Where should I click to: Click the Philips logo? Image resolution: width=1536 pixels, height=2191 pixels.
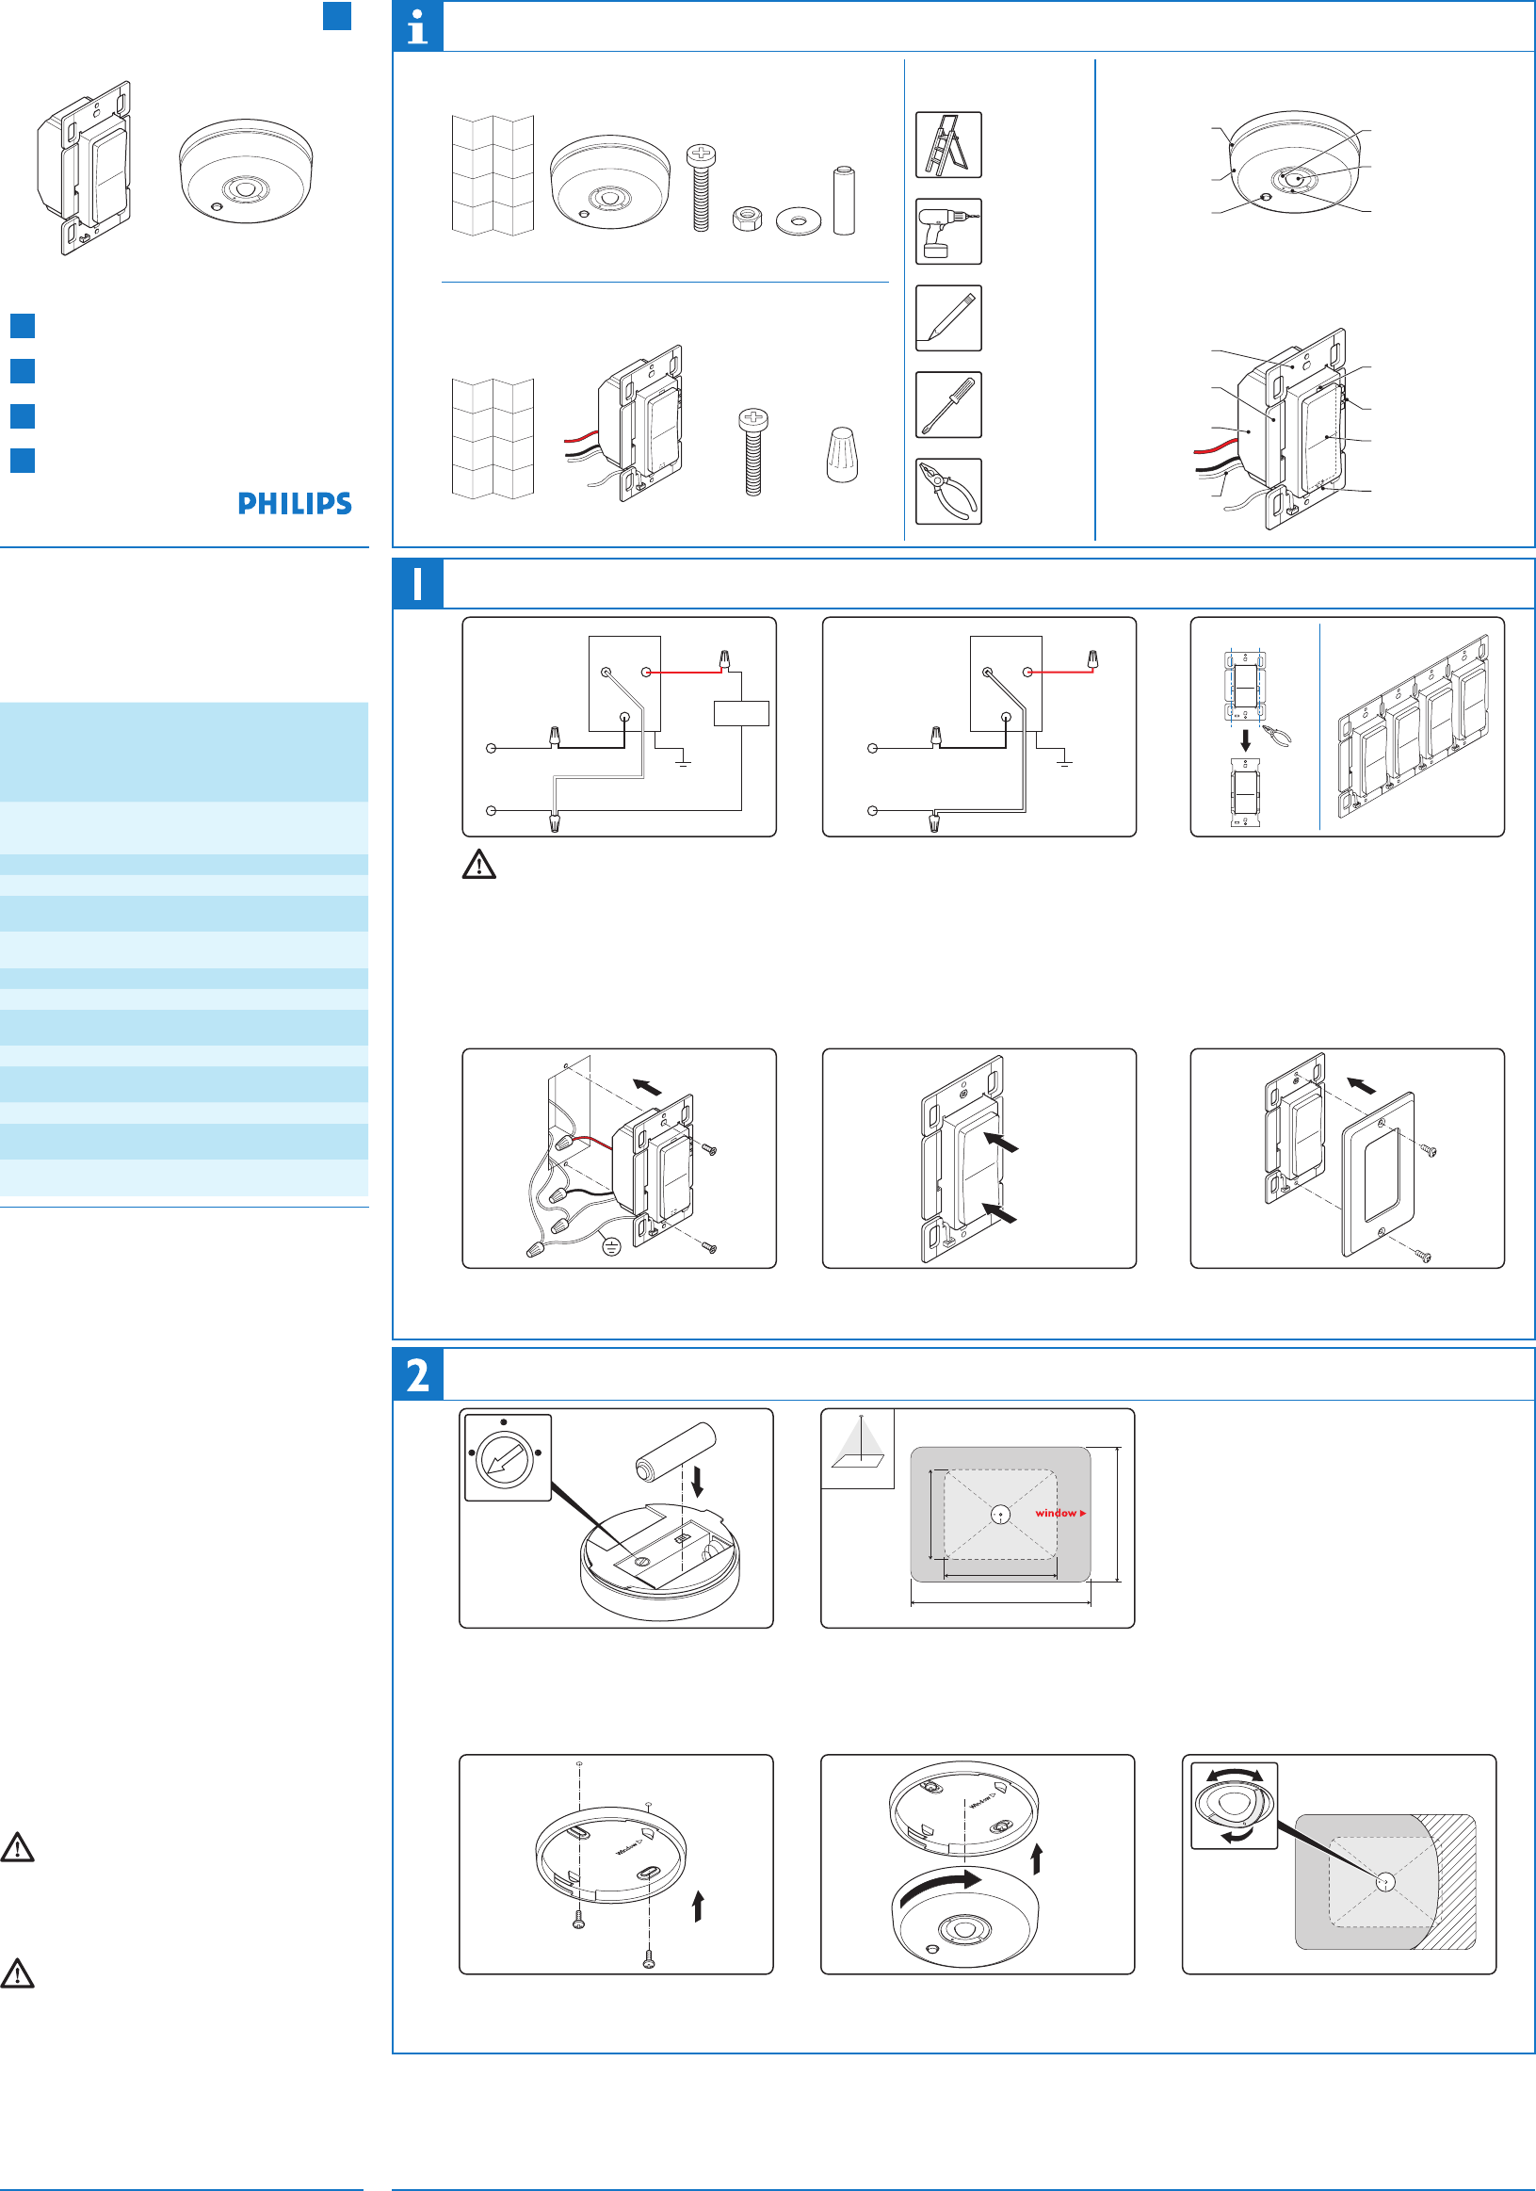pyautogui.click(x=295, y=504)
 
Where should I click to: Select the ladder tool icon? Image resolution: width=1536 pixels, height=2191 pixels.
pyautogui.click(x=948, y=145)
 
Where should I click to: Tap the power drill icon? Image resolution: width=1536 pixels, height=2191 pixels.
pyautogui.click(x=948, y=232)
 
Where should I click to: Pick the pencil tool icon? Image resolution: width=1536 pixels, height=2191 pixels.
pyautogui.click(x=948, y=318)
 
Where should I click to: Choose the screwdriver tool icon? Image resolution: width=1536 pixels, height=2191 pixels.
pyautogui.click(x=948, y=405)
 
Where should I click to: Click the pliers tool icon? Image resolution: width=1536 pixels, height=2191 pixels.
pyautogui.click(x=948, y=492)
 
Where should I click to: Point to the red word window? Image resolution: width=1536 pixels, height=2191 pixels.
pyautogui.click(x=1056, y=1514)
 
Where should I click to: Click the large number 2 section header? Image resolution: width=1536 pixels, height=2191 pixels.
pyautogui.click(x=418, y=1375)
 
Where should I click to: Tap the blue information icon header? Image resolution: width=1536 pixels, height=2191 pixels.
pyautogui.click(x=418, y=26)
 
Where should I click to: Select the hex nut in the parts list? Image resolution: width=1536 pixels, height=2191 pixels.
pyautogui.click(x=747, y=219)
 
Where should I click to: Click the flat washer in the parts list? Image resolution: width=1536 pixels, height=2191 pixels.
pyautogui.click(x=799, y=221)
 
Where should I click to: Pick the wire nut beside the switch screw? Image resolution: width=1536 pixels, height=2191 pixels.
pyautogui.click(x=842, y=455)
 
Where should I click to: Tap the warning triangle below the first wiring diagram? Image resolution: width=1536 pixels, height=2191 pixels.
pyautogui.click(x=479, y=865)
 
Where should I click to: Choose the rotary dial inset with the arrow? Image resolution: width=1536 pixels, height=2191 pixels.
pyautogui.click(x=508, y=1457)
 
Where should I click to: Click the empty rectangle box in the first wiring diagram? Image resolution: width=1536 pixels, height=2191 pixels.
pyautogui.click(x=741, y=713)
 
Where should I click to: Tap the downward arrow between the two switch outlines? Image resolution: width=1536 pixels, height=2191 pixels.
pyautogui.click(x=1245, y=739)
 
